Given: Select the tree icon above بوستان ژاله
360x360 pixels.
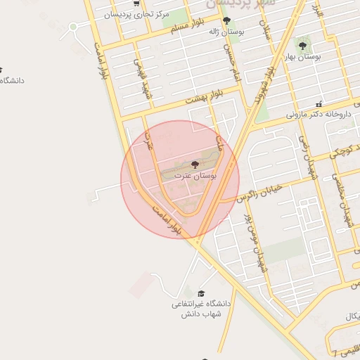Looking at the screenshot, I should tap(225, 20).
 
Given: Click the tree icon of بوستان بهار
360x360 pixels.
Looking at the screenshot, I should tap(302, 46).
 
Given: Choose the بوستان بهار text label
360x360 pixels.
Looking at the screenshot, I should tap(304, 56).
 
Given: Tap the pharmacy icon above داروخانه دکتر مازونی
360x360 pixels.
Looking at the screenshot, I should tap(319, 103).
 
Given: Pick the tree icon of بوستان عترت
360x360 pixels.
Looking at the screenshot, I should tap(195, 164).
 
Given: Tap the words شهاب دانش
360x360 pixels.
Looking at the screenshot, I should tap(202, 314).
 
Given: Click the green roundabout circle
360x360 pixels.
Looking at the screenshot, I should tap(73, 27).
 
